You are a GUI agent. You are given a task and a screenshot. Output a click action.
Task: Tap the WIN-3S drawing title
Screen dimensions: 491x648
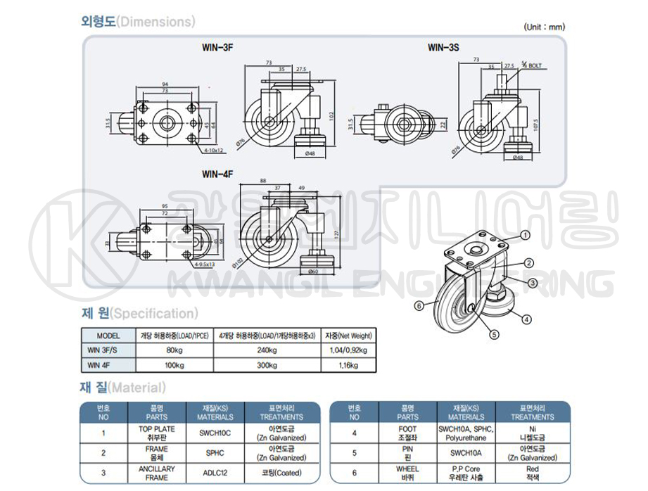[x=443, y=49]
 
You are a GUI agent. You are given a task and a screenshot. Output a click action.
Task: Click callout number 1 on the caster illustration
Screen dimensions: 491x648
[x=526, y=234]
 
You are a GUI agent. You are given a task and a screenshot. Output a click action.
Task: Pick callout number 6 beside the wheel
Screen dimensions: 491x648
[x=419, y=305]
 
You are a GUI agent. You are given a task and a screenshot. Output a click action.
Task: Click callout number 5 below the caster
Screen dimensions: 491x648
[x=494, y=334]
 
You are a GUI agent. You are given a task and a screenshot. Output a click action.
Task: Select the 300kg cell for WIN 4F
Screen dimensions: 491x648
[x=267, y=365]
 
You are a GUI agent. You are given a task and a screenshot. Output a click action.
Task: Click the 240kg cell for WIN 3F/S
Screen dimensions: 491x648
[x=267, y=350]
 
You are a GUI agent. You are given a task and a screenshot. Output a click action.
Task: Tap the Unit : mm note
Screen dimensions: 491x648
[x=545, y=27]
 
